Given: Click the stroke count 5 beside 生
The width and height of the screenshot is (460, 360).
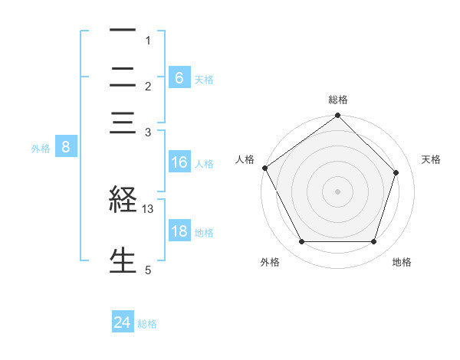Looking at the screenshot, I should pyautogui.click(x=148, y=269).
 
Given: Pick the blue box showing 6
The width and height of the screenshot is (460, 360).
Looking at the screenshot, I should pyautogui.click(x=179, y=78).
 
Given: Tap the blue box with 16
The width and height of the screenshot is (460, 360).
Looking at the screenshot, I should pyautogui.click(x=179, y=162).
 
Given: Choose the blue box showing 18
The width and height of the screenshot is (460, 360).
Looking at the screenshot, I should pyautogui.click(x=179, y=231).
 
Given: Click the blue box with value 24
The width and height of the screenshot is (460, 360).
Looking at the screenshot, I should pyautogui.click(x=123, y=323).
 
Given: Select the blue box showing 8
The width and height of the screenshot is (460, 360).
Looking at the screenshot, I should pyautogui.click(x=66, y=148).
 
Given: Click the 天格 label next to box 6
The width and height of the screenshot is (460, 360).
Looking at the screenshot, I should pyautogui.click(x=204, y=79).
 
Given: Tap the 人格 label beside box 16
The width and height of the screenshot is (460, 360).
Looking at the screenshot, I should pyautogui.click(x=204, y=163).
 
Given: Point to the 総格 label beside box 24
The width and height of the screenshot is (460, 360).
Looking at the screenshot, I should pyautogui.click(x=147, y=324).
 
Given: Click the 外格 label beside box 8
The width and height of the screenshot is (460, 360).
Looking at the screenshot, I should pyautogui.click(x=41, y=149).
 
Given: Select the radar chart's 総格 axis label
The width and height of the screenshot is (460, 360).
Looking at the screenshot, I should pyautogui.click(x=338, y=100).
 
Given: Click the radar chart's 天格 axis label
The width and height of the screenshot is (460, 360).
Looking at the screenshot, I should pyautogui.click(x=432, y=159).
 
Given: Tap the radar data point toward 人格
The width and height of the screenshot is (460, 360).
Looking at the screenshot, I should pyautogui.click(x=264, y=168).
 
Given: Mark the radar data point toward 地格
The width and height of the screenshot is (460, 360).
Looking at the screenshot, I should pyautogui.click(x=374, y=242).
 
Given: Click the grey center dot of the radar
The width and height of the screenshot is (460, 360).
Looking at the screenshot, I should pyautogui.click(x=338, y=191).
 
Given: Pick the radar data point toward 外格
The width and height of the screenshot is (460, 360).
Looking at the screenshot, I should pyautogui.click(x=301, y=242).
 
